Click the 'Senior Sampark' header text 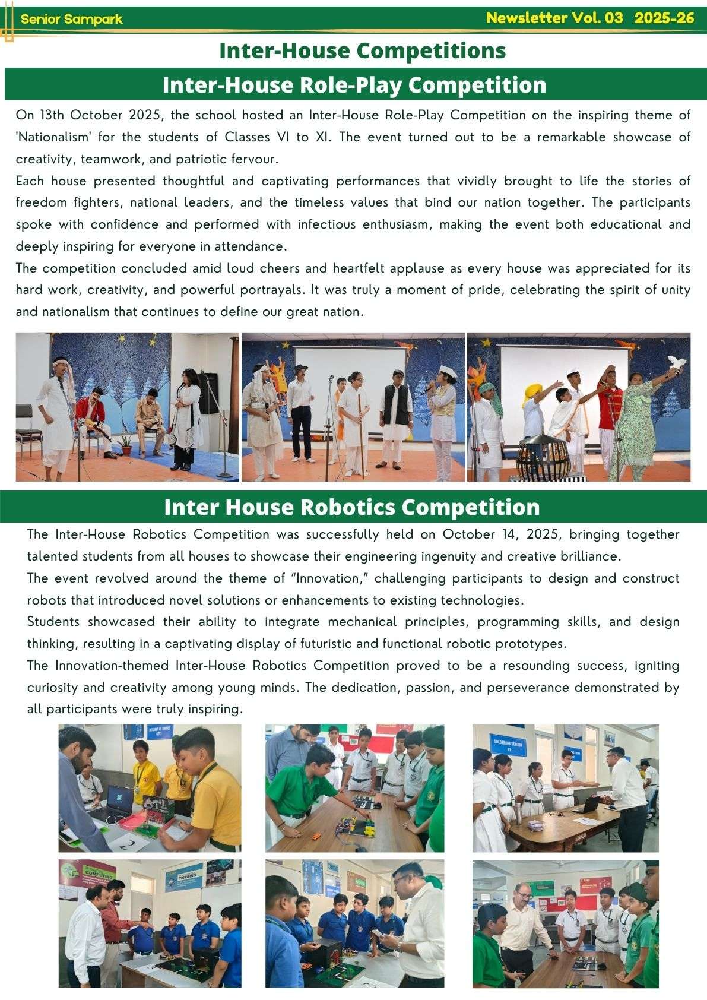pyautogui.click(x=71, y=19)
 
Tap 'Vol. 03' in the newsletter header pyautogui.click(x=597, y=18)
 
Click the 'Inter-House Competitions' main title pyautogui.click(x=362, y=50)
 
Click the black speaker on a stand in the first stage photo pyautogui.click(x=208, y=393)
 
